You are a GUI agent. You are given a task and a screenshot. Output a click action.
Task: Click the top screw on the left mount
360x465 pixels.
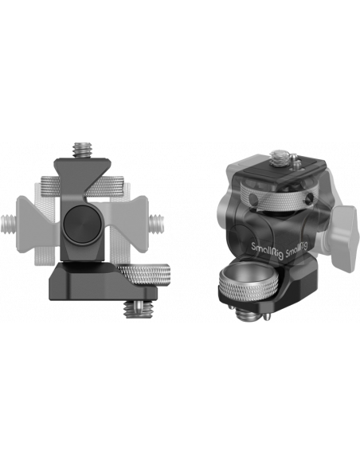point(80,150)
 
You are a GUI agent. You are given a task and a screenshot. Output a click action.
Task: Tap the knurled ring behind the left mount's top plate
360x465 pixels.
point(82,186)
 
